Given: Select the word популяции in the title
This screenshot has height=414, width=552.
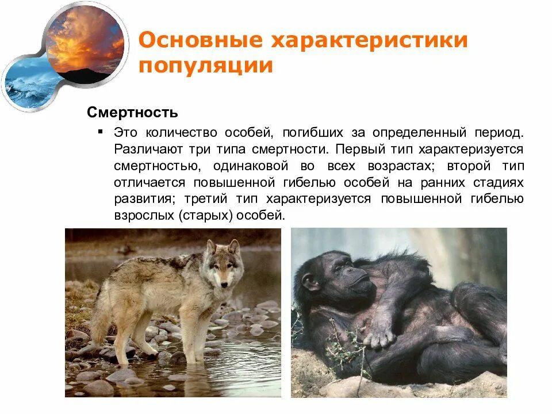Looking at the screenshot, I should pos(205,65).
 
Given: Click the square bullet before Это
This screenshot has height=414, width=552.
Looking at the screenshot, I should pos(101,132).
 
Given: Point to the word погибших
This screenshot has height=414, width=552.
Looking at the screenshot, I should pos(311,133).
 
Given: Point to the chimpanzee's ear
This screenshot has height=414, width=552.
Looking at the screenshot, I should pos(310,283).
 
